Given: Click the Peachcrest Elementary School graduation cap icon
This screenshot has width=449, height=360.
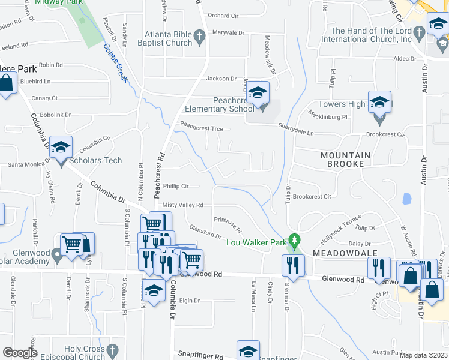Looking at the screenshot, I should click(x=259, y=93).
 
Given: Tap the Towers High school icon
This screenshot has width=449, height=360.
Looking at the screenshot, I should click(x=380, y=102).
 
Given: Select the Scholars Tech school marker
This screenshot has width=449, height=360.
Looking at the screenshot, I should click(x=61, y=148).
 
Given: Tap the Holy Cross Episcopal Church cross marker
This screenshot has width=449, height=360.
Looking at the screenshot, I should click(x=112, y=349).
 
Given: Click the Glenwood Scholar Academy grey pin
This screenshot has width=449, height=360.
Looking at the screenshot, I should click(x=57, y=257).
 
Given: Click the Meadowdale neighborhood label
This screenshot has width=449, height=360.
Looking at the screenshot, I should click(x=336, y=254).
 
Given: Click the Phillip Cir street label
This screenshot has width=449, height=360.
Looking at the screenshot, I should click(x=176, y=186).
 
